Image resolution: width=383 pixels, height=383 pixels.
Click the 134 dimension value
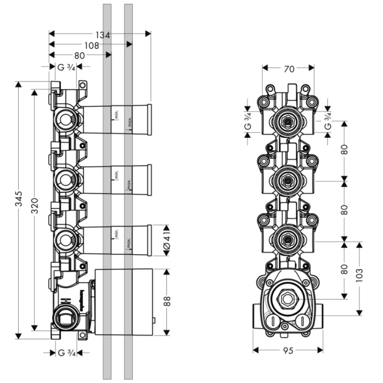coord(102,34)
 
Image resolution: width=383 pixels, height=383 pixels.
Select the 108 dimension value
coord(91,45)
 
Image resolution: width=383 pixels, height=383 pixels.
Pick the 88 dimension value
coord(166,302)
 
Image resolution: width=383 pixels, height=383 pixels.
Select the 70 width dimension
coord(288,69)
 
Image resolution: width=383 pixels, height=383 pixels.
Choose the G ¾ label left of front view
coord(248,122)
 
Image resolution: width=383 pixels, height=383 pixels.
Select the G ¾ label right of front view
coord(328,122)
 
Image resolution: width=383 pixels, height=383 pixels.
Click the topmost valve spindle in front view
coord(288,122)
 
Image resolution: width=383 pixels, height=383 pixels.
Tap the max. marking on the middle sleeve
coord(129,185)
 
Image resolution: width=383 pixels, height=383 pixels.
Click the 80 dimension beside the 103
coord(344,270)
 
